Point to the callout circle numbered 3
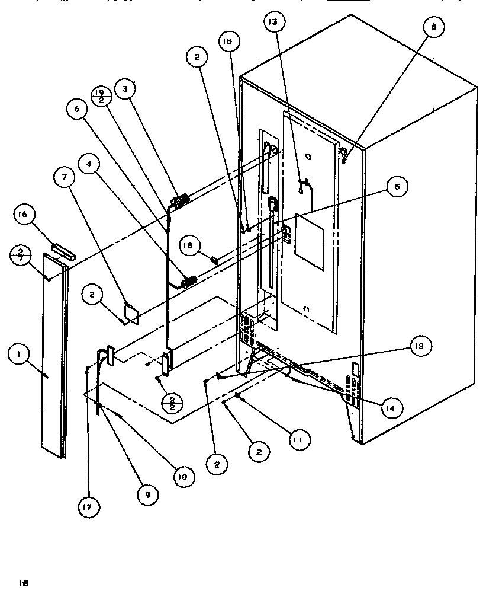pyautogui.click(x=125, y=90)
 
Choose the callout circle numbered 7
pyautogui.click(x=65, y=177)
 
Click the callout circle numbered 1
pyautogui.click(x=20, y=356)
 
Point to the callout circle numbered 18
pyautogui.click(x=193, y=247)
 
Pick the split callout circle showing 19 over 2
pyautogui.click(x=101, y=96)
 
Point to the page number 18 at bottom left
pyautogui.click(x=24, y=582)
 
